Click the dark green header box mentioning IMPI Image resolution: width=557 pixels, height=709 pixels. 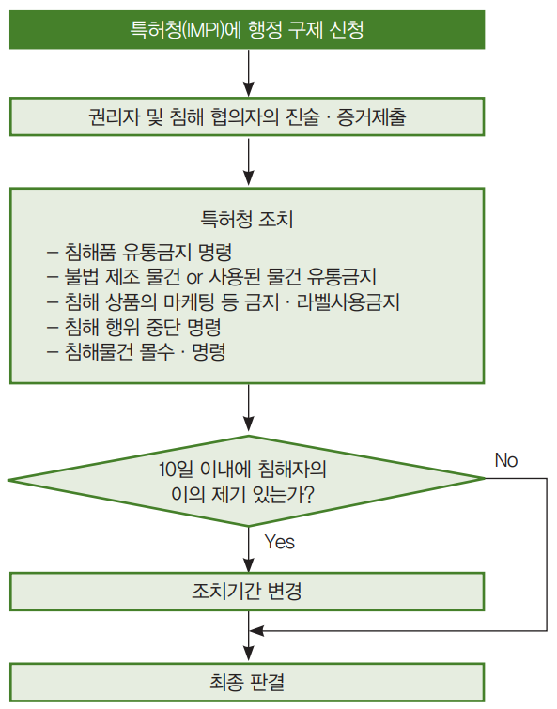click(247, 30)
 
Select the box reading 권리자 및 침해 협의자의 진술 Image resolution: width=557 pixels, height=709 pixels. click(247, 116)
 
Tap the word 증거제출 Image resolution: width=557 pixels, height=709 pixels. click(371, 117)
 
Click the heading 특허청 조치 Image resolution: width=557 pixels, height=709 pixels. click(247, 220)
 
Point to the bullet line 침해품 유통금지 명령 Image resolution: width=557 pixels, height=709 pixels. click(139, 252)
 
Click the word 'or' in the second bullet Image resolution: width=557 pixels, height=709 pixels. click(193, 277)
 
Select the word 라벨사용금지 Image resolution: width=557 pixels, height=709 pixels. click(348, 302)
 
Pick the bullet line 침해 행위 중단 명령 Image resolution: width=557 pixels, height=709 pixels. click(133, 327)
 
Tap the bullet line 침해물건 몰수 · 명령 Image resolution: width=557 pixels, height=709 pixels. click(136, 352)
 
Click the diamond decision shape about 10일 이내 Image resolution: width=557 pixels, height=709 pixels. click(246, 481)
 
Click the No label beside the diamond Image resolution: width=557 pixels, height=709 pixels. click(506, 460)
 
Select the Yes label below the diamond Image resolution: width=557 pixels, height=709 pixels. click(279, 542)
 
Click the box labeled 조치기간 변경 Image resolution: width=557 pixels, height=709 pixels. click(247, 592)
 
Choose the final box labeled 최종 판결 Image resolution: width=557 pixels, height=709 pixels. click(247, 683)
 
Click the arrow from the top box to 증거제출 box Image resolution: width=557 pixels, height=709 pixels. click(248, 73)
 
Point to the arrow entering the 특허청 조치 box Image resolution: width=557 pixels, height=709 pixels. click(248, 162)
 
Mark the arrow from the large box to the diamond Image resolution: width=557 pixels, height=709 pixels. click(248, 409)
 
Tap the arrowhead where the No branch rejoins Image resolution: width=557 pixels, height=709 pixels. click(256, 630)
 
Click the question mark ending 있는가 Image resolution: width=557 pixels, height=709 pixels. click(308, 494)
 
